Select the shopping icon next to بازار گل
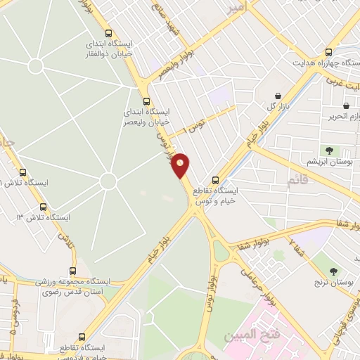click(278, 96)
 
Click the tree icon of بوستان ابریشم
click(329, 150)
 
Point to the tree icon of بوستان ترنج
click(334, 271)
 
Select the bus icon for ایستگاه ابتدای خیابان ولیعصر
click(146, 101)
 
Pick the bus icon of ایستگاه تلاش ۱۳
click(44, 207)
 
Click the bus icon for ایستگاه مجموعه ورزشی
click(73, 271)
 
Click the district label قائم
click(297, 183)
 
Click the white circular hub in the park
click(108, 181)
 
